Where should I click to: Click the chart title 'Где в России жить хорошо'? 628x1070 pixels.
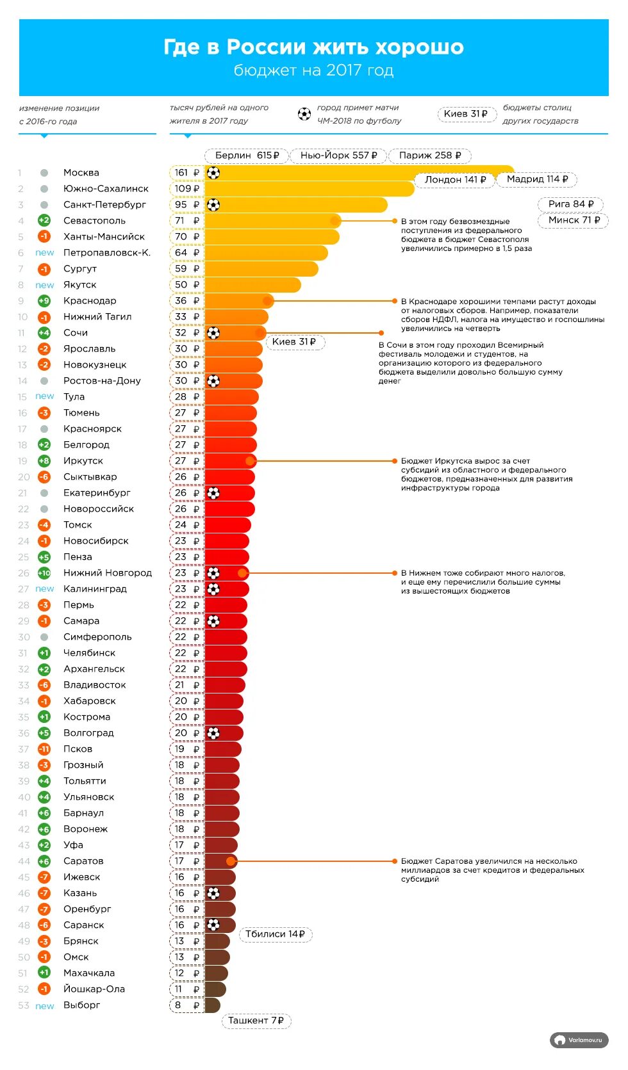313,47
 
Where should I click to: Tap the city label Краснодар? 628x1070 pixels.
90,301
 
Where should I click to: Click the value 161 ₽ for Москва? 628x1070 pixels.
186,173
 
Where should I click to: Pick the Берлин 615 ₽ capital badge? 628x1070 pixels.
247,156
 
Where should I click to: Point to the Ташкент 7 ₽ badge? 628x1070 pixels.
256,1021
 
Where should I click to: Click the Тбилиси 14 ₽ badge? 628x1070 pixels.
275,934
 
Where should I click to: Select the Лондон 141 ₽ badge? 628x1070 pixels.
454,180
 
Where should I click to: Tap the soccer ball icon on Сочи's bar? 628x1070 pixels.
213,333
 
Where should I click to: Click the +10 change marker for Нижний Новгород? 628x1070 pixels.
44,573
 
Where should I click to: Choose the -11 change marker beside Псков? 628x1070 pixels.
44,749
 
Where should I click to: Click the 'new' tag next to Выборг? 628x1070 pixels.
44,1006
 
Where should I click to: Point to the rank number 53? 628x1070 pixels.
24,1005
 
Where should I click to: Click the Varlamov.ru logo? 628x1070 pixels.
579,1041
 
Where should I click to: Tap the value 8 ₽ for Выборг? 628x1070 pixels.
186,1005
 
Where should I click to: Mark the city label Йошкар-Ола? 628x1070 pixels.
94,989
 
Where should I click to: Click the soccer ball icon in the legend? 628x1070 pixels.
304,115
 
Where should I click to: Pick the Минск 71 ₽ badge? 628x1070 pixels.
574,220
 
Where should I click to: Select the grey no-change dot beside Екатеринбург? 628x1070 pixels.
44,493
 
